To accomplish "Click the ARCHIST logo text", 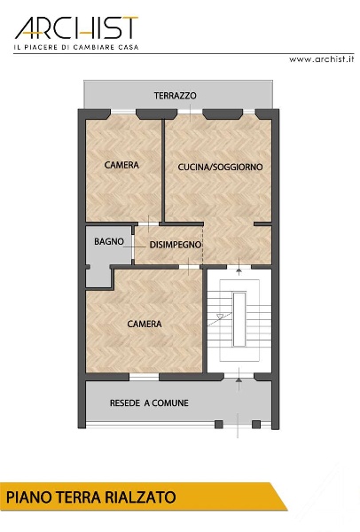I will pyautogui.click(x=76, y=27).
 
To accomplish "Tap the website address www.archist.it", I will pyautogui.click(x=321, y=59).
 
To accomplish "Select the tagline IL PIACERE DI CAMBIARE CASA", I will pyautogui.click(x=76, y=46).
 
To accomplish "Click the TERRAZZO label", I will pyautogui.click(x=175, y=95).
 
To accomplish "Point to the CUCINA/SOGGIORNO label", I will pyautogui.click(x=220, y=167).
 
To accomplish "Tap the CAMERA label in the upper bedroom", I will pyautogui.click(x=121, y=166).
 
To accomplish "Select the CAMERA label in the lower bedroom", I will pyautogui.click(x=144, y=325).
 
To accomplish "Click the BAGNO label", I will pyautogui.click(x=108, y=241).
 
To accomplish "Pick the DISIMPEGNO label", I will pyautogui.click(x=176, y=245).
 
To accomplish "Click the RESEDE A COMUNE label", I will pyautogui.click(x=148, y=403).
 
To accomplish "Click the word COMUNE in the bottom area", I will pyautogui.click(x=170, y=403).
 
